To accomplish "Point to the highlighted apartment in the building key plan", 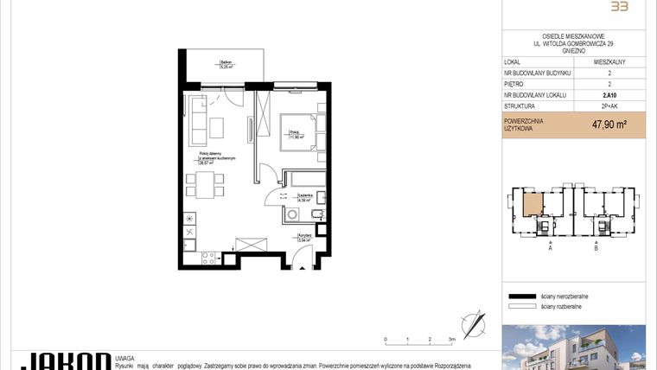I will [533, 205].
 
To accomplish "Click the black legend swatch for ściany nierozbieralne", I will [520, 296].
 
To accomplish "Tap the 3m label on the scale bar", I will [451, 340].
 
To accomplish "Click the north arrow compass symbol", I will [475, 323].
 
